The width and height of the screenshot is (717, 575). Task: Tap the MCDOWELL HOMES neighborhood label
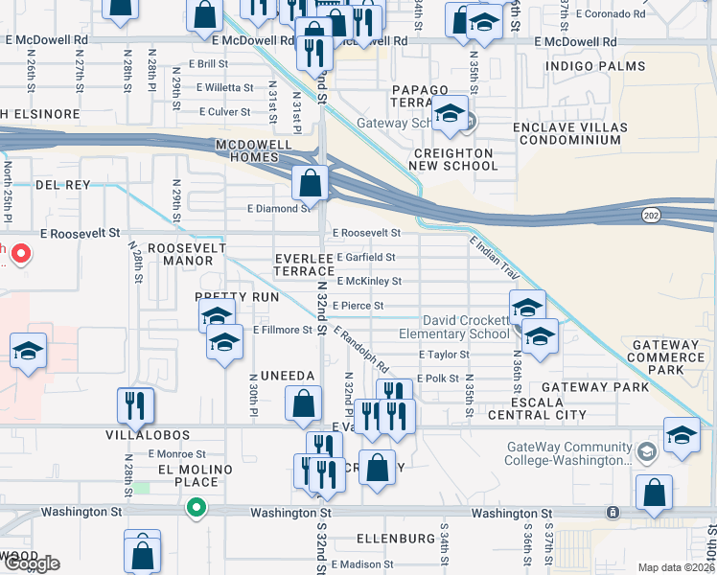click(254, 150)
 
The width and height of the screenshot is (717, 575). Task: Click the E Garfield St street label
click(365, 258)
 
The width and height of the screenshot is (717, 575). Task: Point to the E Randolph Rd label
click(361, 351)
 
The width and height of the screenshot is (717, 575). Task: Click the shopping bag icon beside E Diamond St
click(312, 181)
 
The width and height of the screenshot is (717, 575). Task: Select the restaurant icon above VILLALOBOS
click(135, 405)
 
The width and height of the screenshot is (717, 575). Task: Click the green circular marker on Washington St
click(197, 508)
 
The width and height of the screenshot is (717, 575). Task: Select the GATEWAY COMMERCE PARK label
click(665, 356)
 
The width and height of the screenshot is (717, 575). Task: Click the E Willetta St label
click(225, 87)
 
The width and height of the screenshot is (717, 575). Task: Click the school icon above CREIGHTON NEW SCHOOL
click(449, 113)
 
